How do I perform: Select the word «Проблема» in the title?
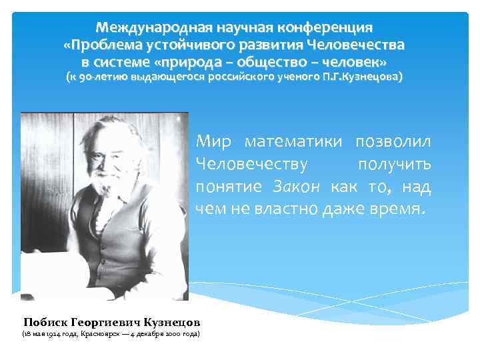(x=111, y=46)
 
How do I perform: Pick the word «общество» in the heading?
(x=298, y=62)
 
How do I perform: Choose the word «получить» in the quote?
(x=395, y=164)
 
